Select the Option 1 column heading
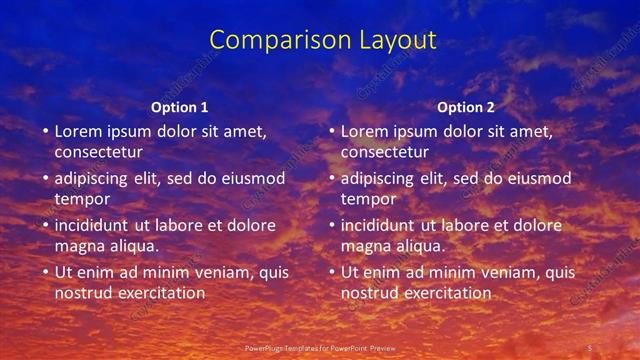tap(180, 107)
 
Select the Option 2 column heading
tap(466, 107)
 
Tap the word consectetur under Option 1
tap(98, 152)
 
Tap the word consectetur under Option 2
tap(384, 152)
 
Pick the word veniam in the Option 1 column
tap(215, 272)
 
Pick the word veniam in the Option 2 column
tap(501, 272)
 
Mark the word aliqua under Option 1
tap(135, 246)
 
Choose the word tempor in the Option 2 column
tap(368, 199)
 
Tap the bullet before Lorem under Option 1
tap(44, 131)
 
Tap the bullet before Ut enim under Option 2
tap(330, 272)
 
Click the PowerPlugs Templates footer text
tap(315, 347)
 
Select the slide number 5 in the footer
tap(590, 347)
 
